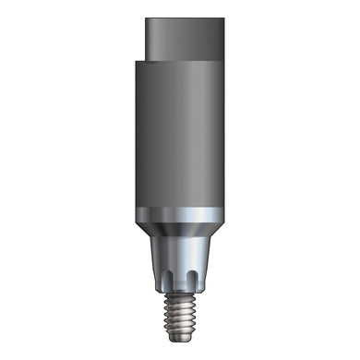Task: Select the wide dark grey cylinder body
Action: click(x=179, y=138)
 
